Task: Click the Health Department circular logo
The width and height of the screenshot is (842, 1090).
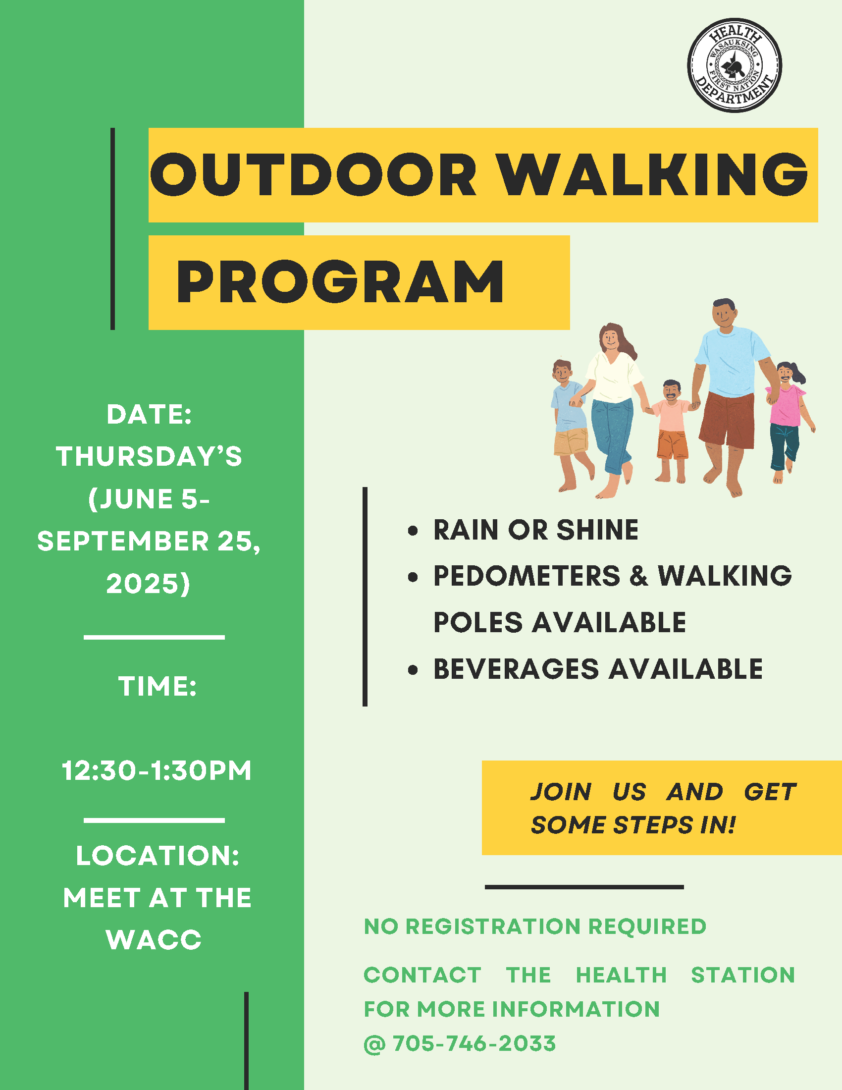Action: coord(734,65)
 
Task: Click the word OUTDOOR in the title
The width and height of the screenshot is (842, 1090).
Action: coord(314,175)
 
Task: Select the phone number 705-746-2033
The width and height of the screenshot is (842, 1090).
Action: coord(474,1043)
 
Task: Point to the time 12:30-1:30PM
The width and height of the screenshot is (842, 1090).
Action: coord(157,770)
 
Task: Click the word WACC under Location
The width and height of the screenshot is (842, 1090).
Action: coord(154,940)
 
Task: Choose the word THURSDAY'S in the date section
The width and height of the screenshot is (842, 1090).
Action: coord(149,456)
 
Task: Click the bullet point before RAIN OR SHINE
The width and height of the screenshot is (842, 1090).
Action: coord(413,530)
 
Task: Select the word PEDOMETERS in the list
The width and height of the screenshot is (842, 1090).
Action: coord(527,576)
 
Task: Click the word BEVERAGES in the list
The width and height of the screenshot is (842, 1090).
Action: coord(516,669)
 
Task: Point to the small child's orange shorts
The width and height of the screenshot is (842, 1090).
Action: coord(673,445)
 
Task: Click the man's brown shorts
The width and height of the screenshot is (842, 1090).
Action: coord(728,419)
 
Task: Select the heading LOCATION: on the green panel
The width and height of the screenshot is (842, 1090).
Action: coord(158,856)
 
